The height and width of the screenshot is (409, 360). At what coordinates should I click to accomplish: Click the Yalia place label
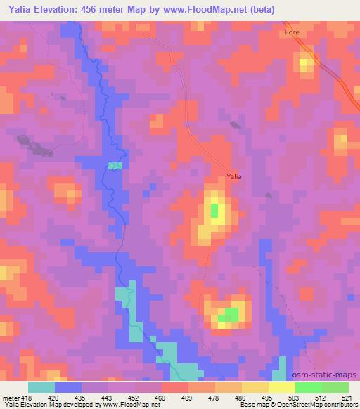pos(233,176)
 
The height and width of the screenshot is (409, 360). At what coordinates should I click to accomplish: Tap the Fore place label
pos(292,33)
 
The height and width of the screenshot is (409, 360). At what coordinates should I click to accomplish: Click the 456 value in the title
pos(94,9)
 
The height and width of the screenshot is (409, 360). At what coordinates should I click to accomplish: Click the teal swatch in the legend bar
pos(41,387)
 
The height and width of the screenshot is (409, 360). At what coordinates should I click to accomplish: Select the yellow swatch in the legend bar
pos(281,387)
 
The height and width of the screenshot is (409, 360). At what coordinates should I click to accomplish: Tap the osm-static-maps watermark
pos(330,375)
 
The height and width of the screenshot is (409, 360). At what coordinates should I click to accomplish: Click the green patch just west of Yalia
pos(214,210)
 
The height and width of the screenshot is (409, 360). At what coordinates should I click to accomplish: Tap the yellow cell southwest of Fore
pos(305,65)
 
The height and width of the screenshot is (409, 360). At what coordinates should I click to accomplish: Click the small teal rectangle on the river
pos(115,166)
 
